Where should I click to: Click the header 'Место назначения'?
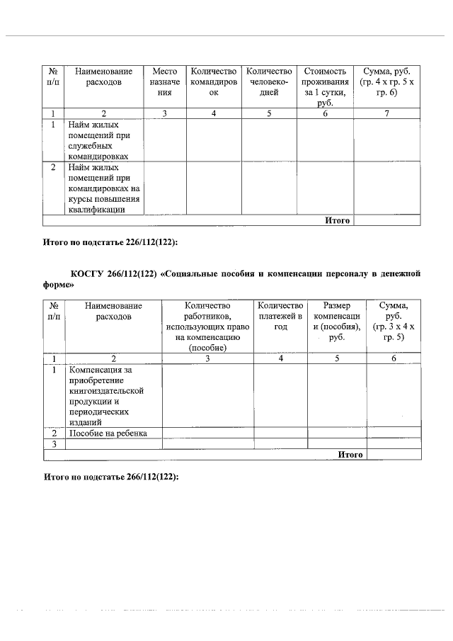pos(165,82)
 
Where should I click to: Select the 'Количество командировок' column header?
pos(213,82)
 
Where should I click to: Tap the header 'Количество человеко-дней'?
pos(268,82)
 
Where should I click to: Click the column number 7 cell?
pos(386,113)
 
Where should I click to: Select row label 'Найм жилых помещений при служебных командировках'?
pos(104,140)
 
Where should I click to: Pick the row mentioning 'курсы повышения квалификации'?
pos(104,188)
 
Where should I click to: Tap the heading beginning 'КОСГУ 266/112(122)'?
pos(233,278)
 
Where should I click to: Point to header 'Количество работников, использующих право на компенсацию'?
pos(207,327)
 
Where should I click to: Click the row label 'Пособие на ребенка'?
pos(108,433)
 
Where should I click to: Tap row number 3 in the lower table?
pos(54,444)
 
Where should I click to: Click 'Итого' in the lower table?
pos(350,455)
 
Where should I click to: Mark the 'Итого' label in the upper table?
pos(338,220)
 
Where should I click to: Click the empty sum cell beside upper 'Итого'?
pos(386,220)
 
